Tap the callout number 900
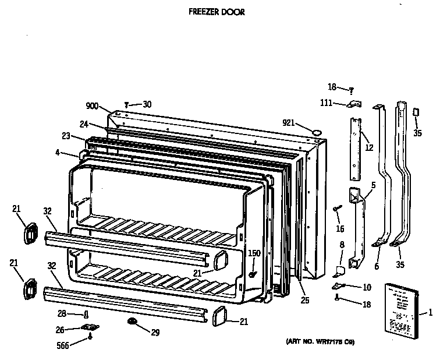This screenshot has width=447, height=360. point(92,106)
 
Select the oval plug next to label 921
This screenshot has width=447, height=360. point(317,133)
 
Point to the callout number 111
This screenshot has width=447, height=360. point(326,103)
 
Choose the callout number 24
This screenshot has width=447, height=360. point(83,123)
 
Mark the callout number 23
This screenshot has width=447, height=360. point(65,136)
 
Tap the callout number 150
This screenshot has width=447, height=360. point(254,253)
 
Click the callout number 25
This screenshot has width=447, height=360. point(306,300)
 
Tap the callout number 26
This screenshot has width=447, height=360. point(60,329)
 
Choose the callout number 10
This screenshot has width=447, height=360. point(367,287)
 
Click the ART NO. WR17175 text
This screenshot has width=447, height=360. point(320,341)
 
